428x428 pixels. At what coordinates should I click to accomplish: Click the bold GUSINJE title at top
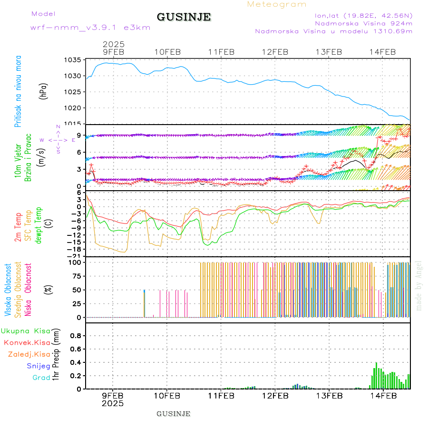184,18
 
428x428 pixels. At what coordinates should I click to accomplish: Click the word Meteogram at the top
277,4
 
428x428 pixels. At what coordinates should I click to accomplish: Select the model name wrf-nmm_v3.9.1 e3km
90,28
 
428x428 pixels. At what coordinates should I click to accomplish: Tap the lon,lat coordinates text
360,15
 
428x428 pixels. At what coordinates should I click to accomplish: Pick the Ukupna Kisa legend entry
26,331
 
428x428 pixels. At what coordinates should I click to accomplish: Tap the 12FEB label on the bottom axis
274,396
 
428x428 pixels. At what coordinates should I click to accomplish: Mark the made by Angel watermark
419,285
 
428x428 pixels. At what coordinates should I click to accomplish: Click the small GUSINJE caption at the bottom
174,414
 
